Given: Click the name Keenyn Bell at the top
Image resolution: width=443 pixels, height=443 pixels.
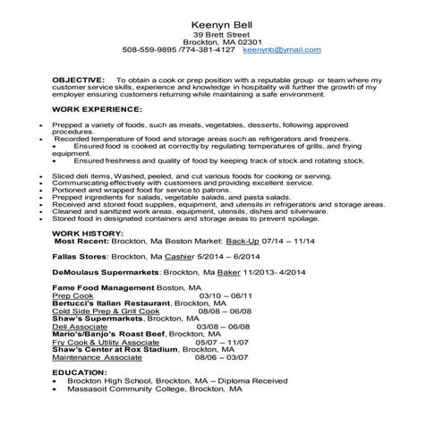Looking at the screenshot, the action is pos(221,21).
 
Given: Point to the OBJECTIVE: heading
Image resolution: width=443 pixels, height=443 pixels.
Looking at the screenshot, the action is pos(79,80).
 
